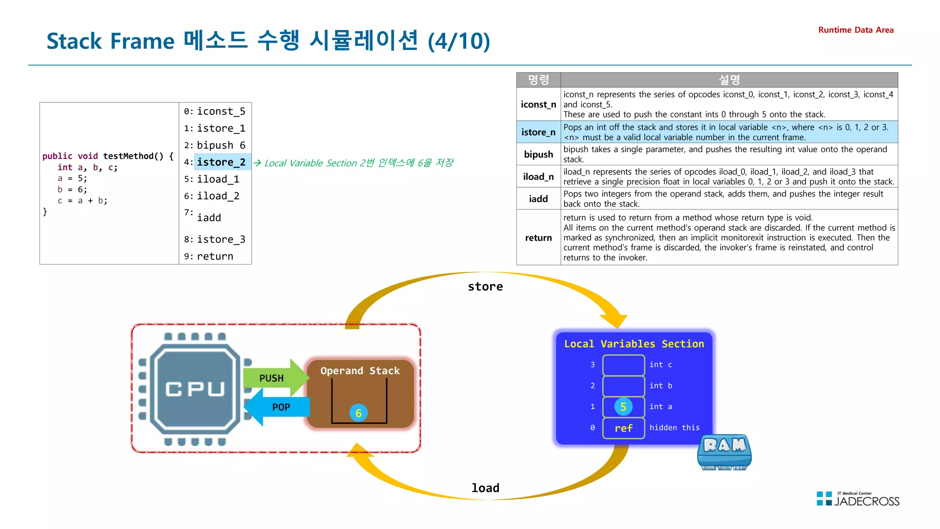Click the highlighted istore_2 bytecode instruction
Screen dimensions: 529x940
(x=221, y=162)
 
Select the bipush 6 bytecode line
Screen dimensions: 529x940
(x=221, y=145)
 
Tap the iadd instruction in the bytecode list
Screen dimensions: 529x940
(x=209, y=218)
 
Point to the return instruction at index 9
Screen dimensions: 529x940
(x=215, y=256)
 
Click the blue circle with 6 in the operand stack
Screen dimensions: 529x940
(x=358, y=413)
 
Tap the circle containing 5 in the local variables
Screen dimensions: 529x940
(x=623, y=406)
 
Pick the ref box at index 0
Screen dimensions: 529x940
(x=623, y=428)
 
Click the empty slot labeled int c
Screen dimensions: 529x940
(x=623, y=365)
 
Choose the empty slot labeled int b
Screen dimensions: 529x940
(x=623, y=386)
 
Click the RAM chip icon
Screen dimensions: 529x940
(x=724, y=452)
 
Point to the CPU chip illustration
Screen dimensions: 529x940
(x=195, y=388)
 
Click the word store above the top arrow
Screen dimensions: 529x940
(x=485, y=287)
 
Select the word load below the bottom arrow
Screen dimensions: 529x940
(x=485, y=488)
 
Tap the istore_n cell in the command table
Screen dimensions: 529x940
(x=538, y=132)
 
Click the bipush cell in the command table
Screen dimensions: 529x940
(x=538, y=154)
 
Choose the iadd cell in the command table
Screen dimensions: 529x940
(x=538, y=199)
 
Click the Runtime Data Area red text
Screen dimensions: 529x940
(x=856, y=30)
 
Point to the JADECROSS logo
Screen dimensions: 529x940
(x=858, y=499)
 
